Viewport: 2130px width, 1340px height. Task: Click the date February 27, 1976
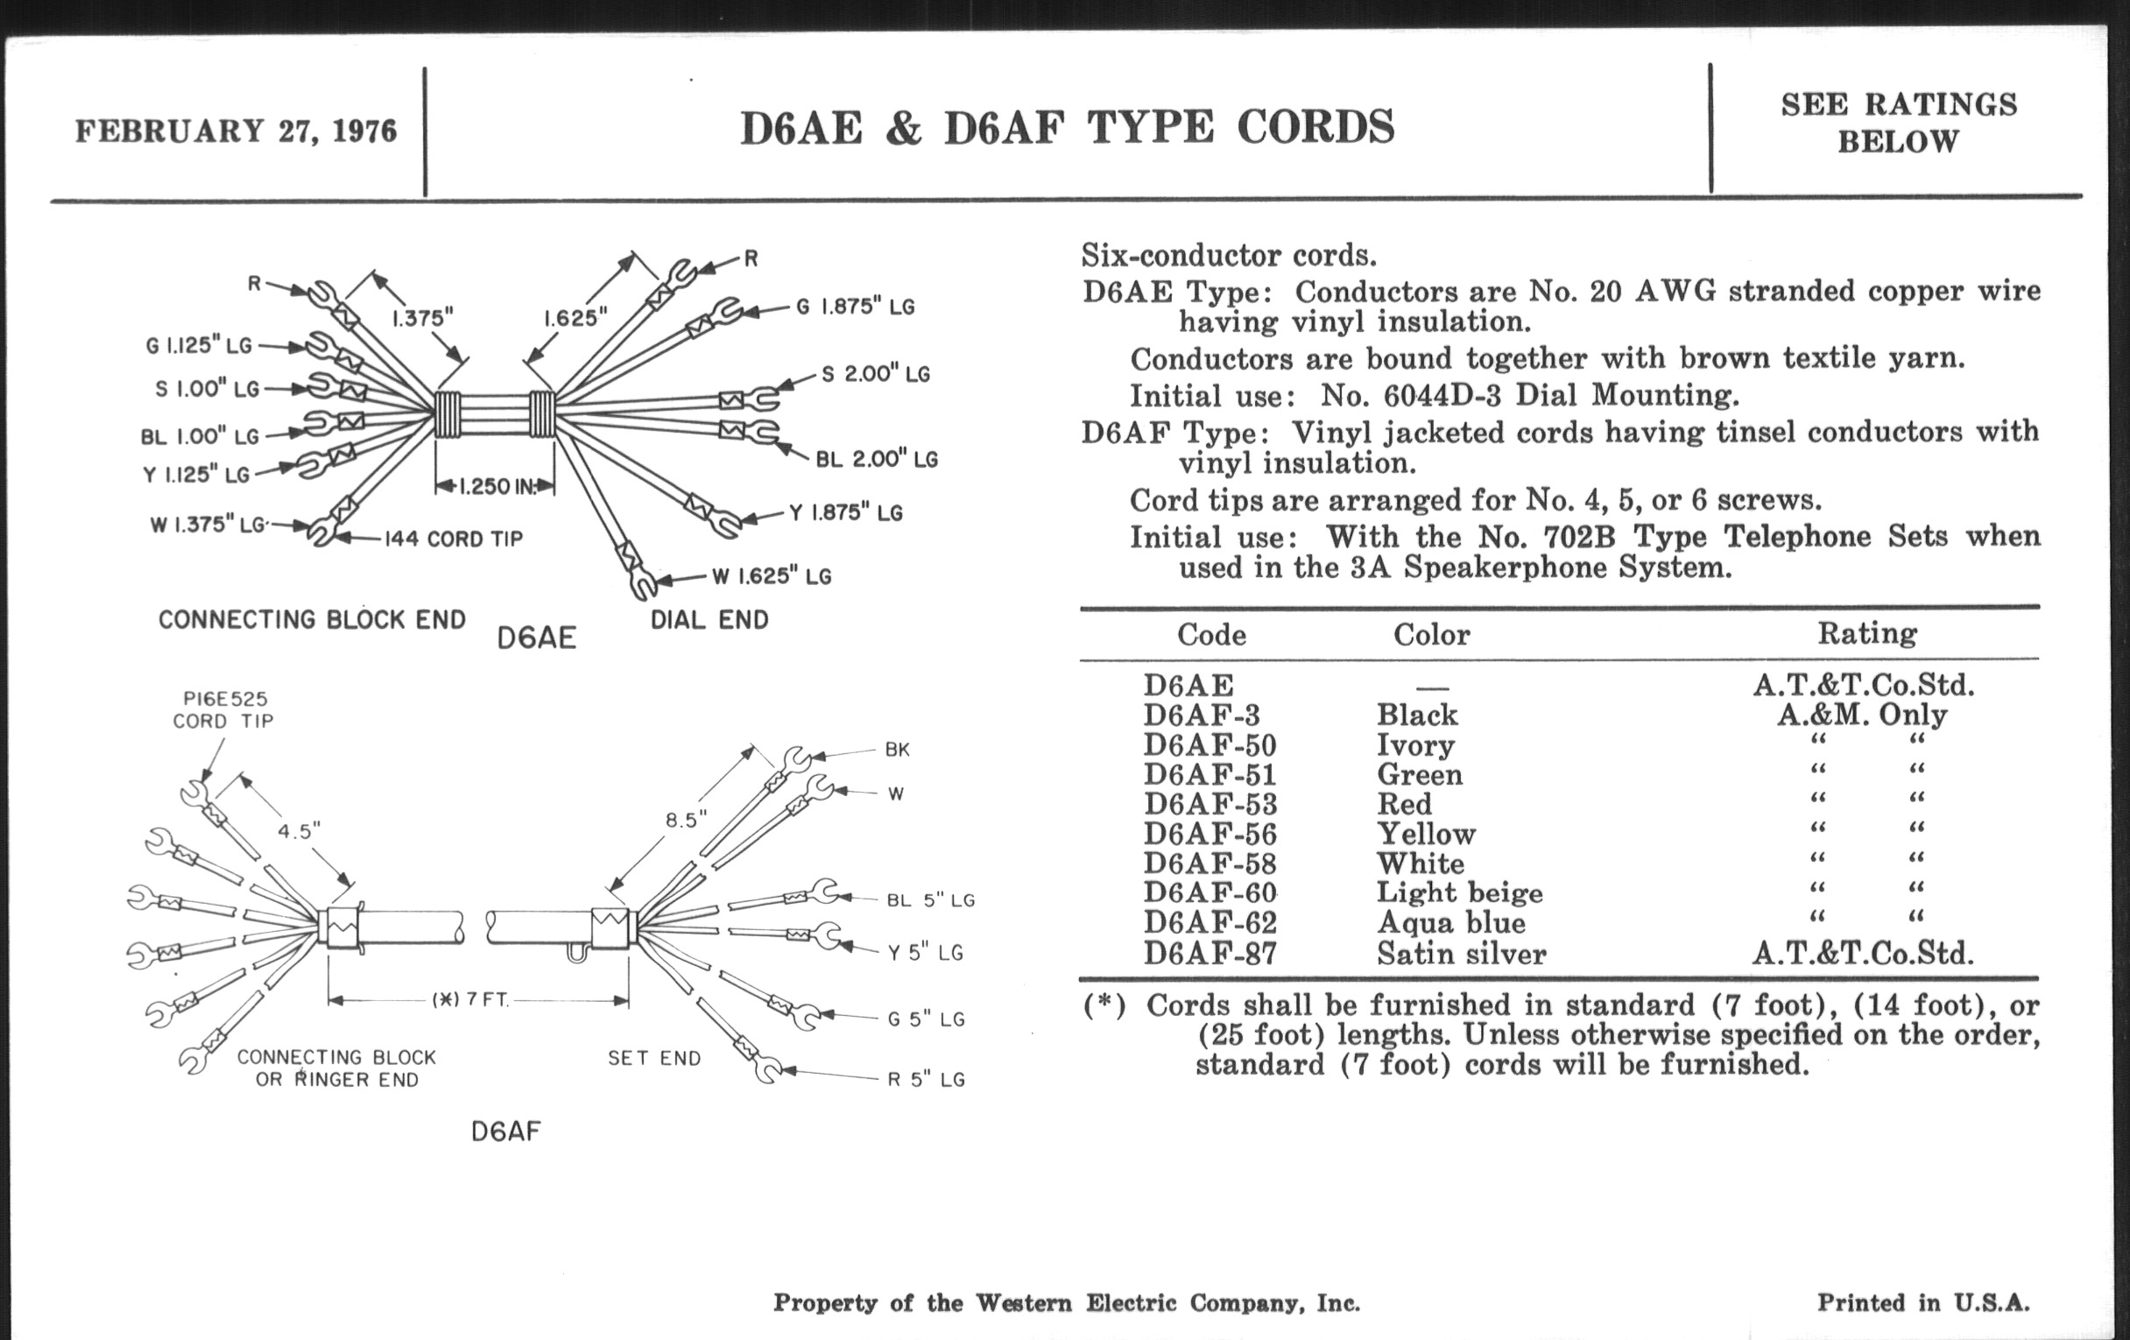coord(236,130)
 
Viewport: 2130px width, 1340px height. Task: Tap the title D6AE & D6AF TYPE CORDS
coord(1067,127)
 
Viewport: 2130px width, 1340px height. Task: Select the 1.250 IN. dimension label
coord(497,486)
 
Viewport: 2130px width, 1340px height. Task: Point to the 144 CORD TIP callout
coord(453,539)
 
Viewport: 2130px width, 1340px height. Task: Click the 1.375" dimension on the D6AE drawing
coord(422,318)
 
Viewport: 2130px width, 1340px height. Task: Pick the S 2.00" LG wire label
coord(876,374)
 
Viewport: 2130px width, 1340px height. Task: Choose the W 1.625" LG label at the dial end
coord(772,576)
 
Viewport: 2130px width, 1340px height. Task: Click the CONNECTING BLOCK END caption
coord(312,619)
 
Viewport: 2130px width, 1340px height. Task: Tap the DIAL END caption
coord(709,619)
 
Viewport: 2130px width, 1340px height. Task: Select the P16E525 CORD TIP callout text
coord(224,710)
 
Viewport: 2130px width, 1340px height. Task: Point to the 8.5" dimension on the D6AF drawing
coord(686,820)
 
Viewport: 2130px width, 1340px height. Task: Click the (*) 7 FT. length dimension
coord(470,999)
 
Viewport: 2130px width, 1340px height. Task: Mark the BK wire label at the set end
coord(897,750)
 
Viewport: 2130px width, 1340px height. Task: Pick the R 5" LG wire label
coord(926,1080)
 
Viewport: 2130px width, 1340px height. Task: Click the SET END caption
coord(653,1058)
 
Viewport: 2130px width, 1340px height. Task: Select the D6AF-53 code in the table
coord(1210,804)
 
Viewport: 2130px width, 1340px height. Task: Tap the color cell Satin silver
coord(1461,954)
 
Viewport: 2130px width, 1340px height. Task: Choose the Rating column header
coord(1866,633)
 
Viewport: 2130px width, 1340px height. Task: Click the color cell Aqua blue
coord(1450,922)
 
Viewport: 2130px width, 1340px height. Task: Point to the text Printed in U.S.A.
coord(1923,1303)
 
